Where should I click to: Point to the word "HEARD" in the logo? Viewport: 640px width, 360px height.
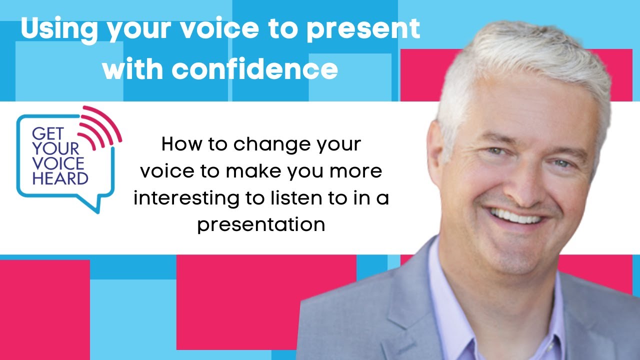(60, 178)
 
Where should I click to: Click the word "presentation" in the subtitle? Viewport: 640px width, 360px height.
(260, 224)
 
